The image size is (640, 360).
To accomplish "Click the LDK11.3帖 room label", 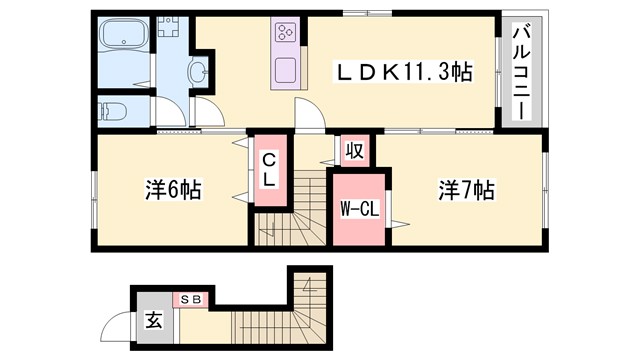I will [x=403, y=71].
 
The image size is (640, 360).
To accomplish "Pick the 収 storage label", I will [x=354, y=152].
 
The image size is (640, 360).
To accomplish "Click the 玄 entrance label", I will [x=154, y=321].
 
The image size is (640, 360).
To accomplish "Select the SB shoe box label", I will [x=191, y=299].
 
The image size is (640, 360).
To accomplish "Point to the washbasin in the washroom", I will [x=198, y=71].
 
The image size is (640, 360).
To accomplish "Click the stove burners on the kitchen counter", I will [x=285, y=31].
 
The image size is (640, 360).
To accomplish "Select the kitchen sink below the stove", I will [x=285, y=71].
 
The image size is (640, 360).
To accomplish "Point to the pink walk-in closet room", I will [x=358, y=210].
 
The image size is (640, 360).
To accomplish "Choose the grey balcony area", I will [x=521, y=70].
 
